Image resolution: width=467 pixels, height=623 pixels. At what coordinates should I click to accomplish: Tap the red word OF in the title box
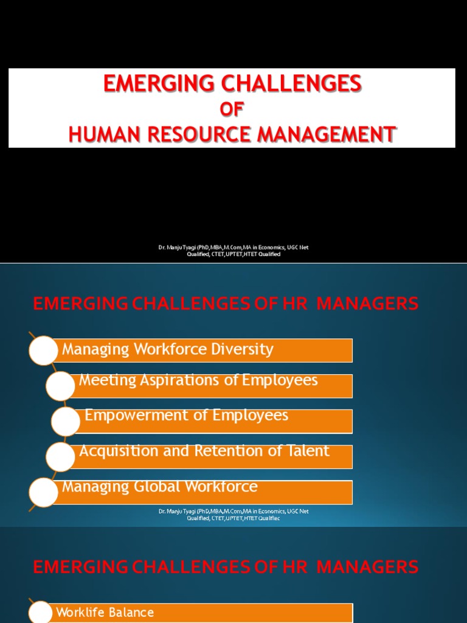pos(231,109)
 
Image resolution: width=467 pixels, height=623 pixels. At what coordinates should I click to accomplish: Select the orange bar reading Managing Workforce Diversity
pos(201,350)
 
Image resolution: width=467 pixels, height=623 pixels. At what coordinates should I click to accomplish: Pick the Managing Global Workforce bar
pos(201,492)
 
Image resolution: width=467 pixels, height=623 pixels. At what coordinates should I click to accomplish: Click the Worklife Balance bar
pos(201,613)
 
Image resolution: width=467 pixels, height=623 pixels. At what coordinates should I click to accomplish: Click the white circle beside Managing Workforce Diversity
pos(44,350)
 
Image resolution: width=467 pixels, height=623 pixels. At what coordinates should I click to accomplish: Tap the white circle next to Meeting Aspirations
pos(61,386)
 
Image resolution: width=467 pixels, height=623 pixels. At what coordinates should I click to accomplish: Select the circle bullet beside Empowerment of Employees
pos(66,422)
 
